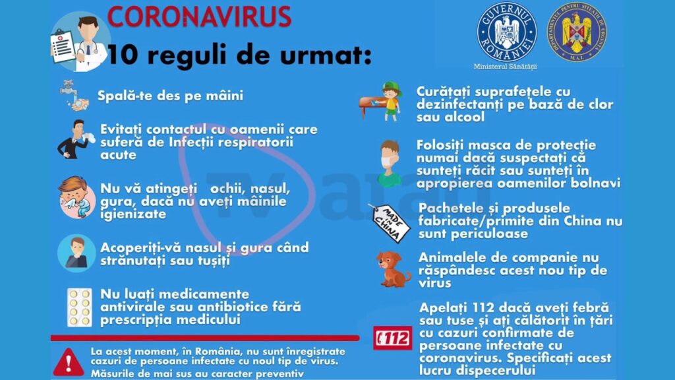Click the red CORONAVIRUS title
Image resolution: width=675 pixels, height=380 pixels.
(x=198, y=16)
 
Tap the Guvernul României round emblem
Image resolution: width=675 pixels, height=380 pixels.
(x=506, y=32)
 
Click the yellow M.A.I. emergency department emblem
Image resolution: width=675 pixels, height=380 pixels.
(x=579, y=32)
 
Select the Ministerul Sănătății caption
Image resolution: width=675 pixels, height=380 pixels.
(x=506, y=67)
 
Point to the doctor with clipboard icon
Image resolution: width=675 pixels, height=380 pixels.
(x=79, y=41)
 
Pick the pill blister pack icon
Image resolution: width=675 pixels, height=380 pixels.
(x=79, y=307)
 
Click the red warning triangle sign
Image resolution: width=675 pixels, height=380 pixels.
(x=66, y=362)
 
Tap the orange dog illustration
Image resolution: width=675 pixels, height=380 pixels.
(x=394, y=269)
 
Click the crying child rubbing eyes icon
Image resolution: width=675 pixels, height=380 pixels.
(x=76, y=197)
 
